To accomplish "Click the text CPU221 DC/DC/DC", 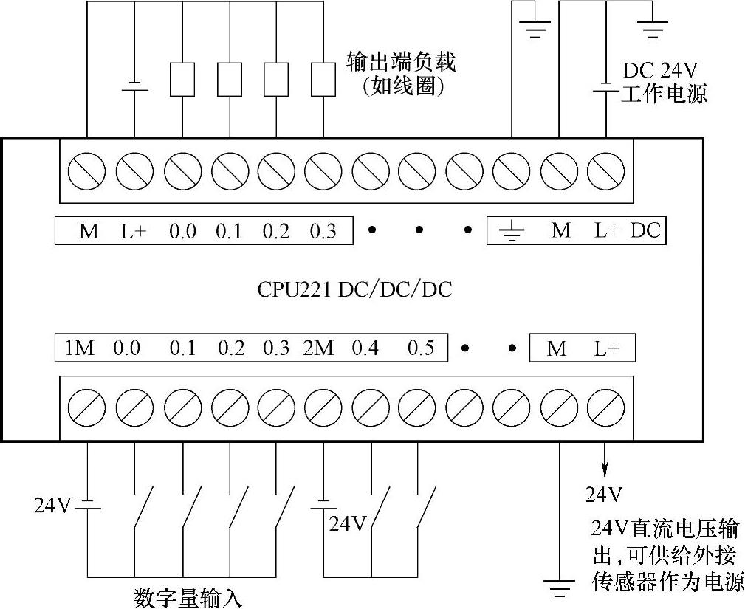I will [x=354, y=289].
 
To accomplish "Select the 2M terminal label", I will [x=318, y=348].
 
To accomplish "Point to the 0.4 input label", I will [x=365, y=348].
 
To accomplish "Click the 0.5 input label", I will [x=421, y=348].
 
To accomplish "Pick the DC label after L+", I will [x=646, y=230].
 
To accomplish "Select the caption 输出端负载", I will [x=402, y=61].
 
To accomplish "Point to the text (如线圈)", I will [x=402, y=87].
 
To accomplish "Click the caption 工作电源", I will [x=664, y=94].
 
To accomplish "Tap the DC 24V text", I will [x=661, y=71].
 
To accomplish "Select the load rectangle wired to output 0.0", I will [x=182, y=79].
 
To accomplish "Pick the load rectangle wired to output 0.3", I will [x=323, y=79].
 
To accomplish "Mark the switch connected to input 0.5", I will [x=424, y=509].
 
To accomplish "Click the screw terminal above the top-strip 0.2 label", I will [x=276, y=172].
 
